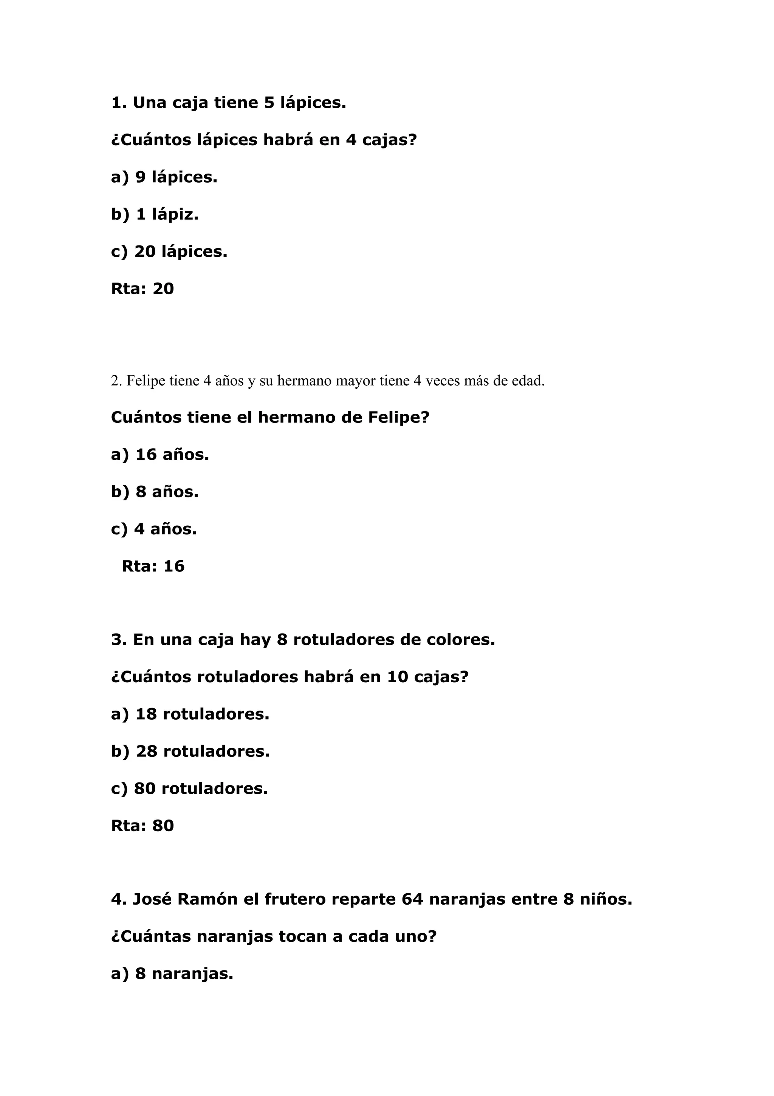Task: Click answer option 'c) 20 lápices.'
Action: (169, 251)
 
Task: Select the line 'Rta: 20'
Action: (142, 289)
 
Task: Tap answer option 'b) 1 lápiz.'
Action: (155, 214)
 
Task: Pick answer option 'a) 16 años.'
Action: (160, 455)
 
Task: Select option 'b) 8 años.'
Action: (155, 492)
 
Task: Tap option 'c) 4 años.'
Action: (153, 529)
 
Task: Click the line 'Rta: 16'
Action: (153, 566)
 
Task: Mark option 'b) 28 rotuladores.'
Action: (190, 751)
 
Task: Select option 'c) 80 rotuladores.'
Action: (189, 789)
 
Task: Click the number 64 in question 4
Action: (412, 899)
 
